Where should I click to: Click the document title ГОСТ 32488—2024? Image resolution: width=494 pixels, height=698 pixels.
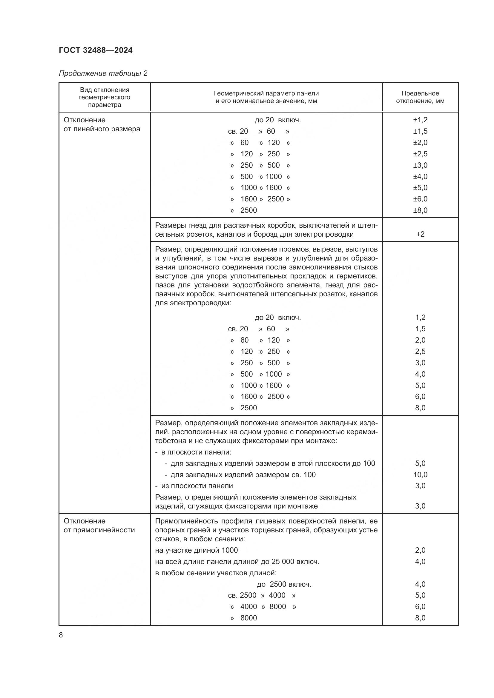pyautogui.click(x=96, y=50)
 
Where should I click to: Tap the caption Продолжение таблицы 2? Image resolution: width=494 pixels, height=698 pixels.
pyautogui.click(x=103, y=73)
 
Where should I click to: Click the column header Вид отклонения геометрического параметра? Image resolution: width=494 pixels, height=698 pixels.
pyautogui.click(x=104, y=97)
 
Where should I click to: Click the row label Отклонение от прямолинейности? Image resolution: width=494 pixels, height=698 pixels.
pyautogui.click(x=99, y=526)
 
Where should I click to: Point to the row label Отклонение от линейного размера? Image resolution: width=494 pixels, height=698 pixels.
pyautogui.click(x=102, y=124)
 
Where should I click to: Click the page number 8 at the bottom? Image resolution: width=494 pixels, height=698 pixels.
pyautogui.click(x=61, y=635)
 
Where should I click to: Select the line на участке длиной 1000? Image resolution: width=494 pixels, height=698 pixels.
pyautogui.click(x=196, y=550)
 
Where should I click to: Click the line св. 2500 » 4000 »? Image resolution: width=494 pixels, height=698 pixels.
pyautogui.click(x=262, y=595)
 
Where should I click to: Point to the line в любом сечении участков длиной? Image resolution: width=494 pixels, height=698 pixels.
pyautogui.click(x=215, y=573)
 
